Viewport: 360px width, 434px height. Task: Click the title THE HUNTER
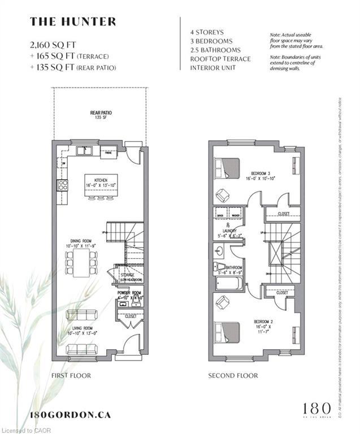[x=73, y=22]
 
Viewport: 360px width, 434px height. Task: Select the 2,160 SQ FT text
[x=54, y=43]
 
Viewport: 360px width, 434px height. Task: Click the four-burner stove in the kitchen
[x=62, y=185]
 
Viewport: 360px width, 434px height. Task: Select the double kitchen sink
[x=86, y=150]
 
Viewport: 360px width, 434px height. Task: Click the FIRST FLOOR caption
[x=71, y=375]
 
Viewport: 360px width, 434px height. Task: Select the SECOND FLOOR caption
[x=233, y=375]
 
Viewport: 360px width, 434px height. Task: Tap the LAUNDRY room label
[x=229, y=232]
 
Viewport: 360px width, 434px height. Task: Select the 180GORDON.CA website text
[x=70, y=414]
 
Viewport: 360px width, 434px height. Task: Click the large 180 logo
[x=312, y=409]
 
